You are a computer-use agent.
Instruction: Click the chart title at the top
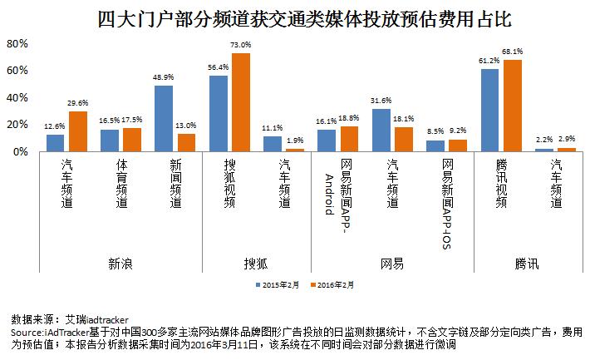pos(295,17)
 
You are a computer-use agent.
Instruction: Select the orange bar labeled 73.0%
pos(239,102)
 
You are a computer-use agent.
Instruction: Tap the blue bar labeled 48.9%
pos(164,118)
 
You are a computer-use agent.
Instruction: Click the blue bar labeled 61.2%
pos(489,110)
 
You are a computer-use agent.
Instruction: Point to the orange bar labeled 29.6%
pos(77,131)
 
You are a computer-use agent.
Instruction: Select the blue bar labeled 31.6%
pos(381,130)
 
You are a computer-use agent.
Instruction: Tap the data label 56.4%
pos(219,67)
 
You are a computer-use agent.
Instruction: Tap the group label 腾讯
pos(526,264)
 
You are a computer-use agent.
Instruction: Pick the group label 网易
pos(391,264)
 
